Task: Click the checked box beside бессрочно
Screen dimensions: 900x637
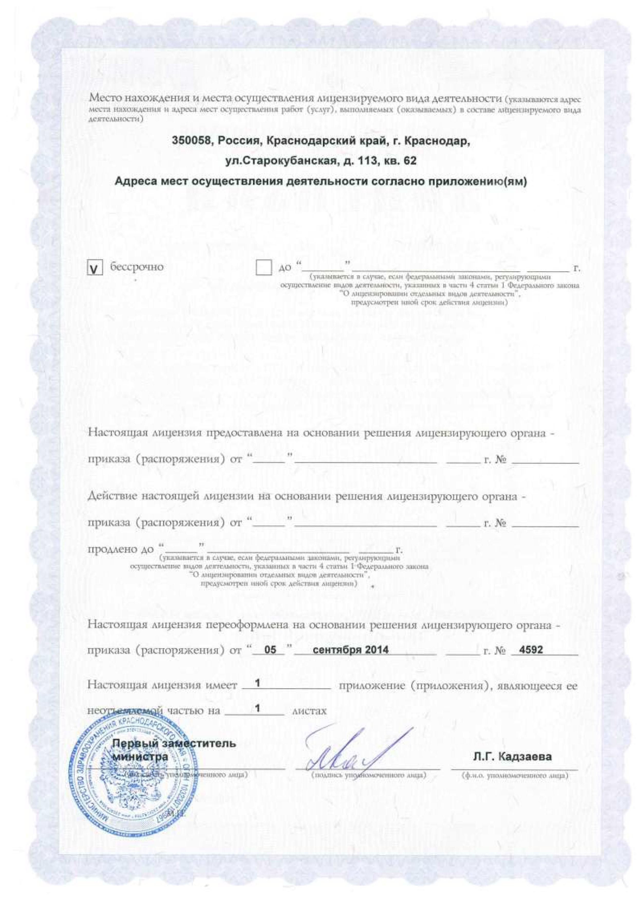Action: tap(94, 268)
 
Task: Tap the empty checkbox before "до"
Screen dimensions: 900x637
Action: tap(264, 268)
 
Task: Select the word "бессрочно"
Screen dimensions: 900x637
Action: tap(136, 267)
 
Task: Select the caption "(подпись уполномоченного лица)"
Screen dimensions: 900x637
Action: tap(368, 775)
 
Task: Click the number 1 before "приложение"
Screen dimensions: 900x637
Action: tap(258, 683)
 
